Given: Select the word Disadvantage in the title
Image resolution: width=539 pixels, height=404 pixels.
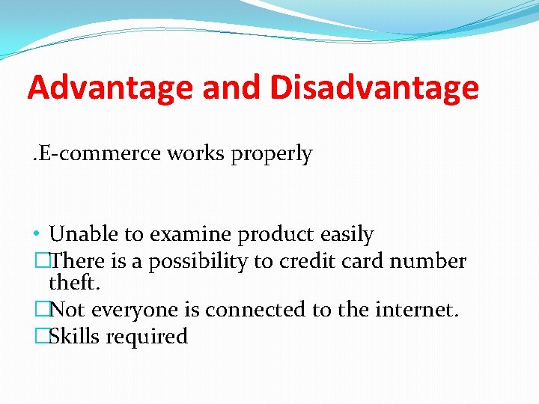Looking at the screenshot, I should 374,88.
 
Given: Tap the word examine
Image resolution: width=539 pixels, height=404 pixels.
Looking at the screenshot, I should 192,235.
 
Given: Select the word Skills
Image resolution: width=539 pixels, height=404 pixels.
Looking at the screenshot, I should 75,337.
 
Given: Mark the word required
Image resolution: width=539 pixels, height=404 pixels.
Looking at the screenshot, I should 147,337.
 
